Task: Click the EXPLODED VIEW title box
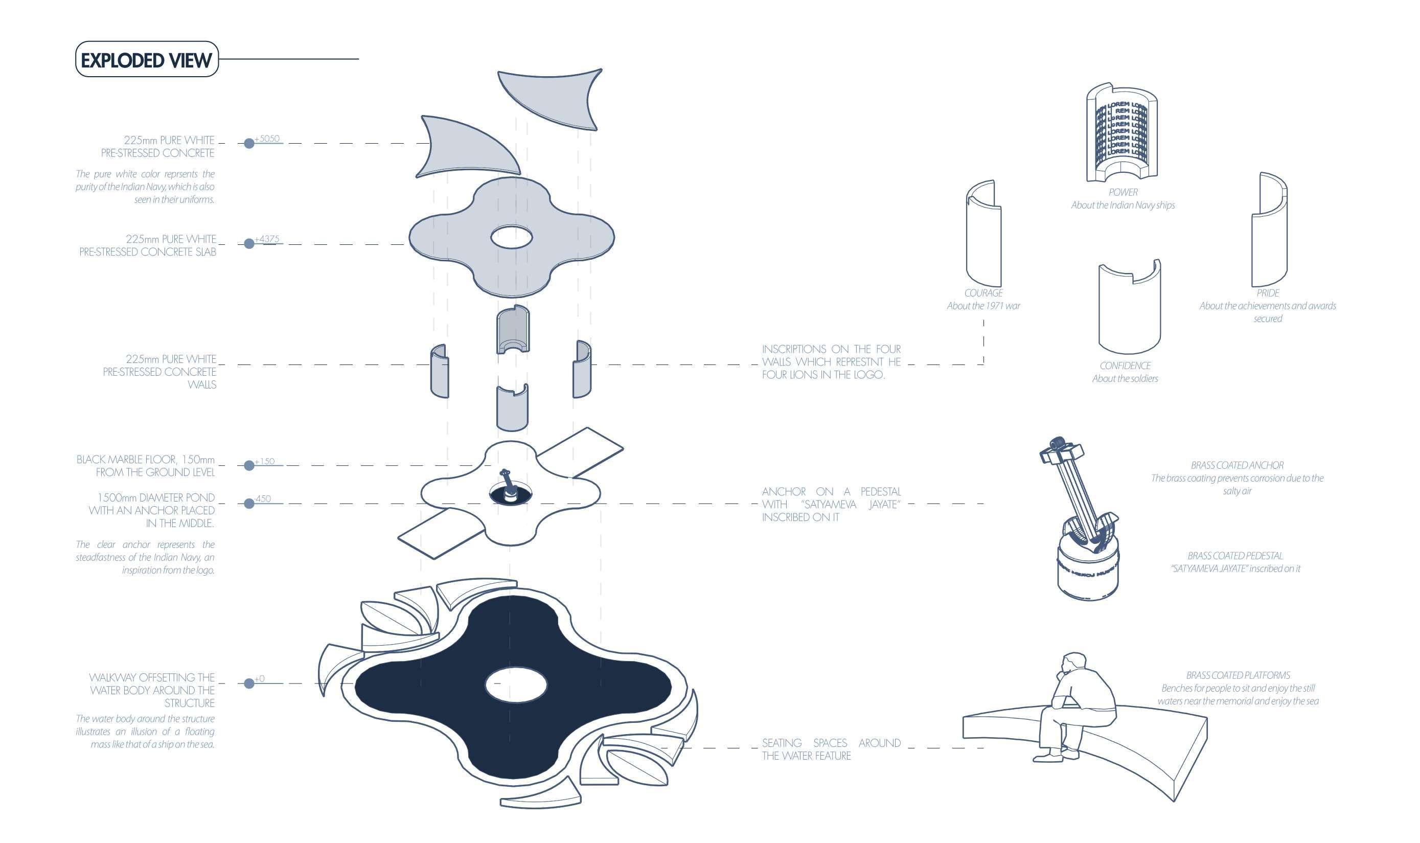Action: (147, 59)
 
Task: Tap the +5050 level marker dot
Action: (249, 143)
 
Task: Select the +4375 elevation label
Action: (267, 239)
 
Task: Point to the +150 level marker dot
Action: (249, 466)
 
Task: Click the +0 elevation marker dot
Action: (249, 683)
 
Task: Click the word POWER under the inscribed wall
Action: (1123, 193)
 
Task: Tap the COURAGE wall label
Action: (983, 293)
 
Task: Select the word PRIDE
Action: (1268, 293)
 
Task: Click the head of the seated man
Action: (1073, 664)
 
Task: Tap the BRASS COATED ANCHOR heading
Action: (1237, 465)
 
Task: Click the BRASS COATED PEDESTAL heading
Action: (1235, 556)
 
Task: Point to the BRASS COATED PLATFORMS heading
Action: (1238, 675)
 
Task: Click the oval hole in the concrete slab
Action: (511, 237)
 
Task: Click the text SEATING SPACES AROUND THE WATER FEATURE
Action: (831, 749)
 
